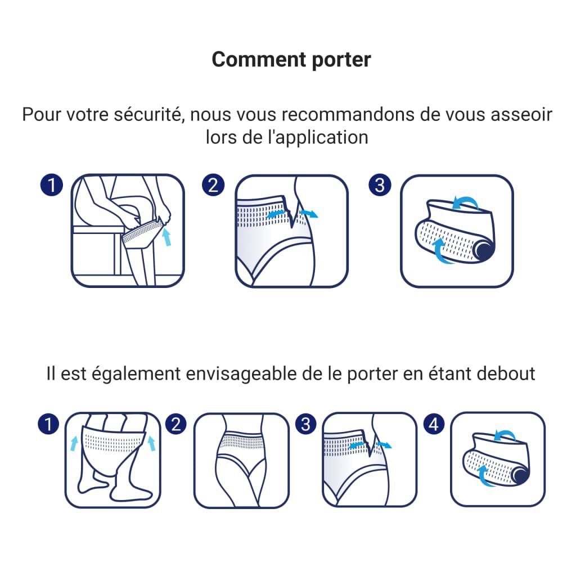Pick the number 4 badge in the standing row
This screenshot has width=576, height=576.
(x=433, y=425)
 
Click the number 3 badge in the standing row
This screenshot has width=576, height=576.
(x=305, y=425)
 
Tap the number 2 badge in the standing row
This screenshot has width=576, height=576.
(x=177, y=425)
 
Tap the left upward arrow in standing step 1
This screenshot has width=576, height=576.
(x=74, y=443)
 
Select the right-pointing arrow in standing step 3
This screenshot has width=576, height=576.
(x=385, y=444)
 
